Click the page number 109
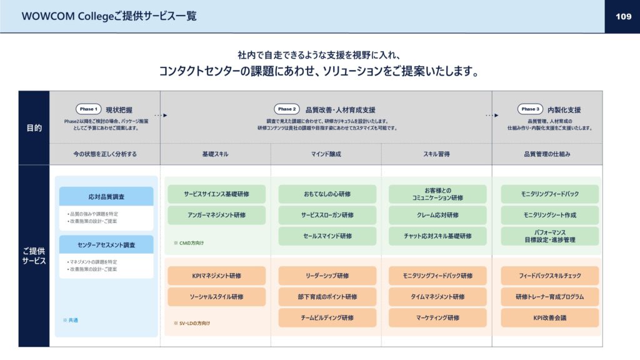pos(623,16)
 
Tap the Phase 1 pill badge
pos(88,109)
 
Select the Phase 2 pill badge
pos(286,109)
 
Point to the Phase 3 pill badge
pos(530,109)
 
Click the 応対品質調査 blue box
pos(106,196)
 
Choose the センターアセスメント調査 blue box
pos(106,244)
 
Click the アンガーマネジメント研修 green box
pos(216,215)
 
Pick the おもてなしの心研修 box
pos(327,194)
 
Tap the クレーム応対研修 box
pos(437,215)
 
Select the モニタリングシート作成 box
pos(550,215)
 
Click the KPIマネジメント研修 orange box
pos(216,276)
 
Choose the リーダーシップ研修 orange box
pos(327,276)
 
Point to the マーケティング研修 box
pos(437,317)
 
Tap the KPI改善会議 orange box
pos(550,317)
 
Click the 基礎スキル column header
pos(215,154)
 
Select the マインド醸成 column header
pos(326,154)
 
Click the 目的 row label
pos(34,127)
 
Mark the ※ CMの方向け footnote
pos(189,243)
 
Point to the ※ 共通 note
pos(70,321)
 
